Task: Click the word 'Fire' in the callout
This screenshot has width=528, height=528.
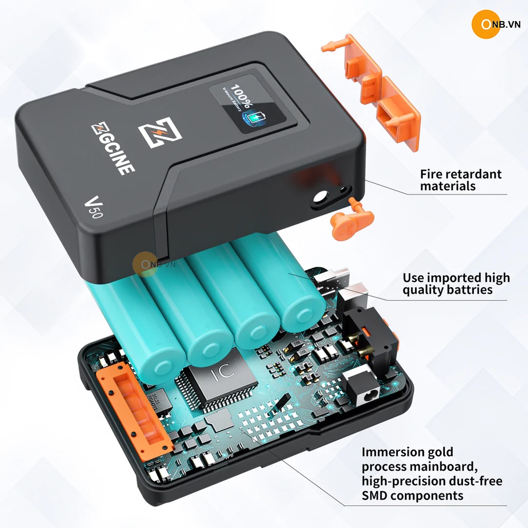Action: (432, 174)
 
